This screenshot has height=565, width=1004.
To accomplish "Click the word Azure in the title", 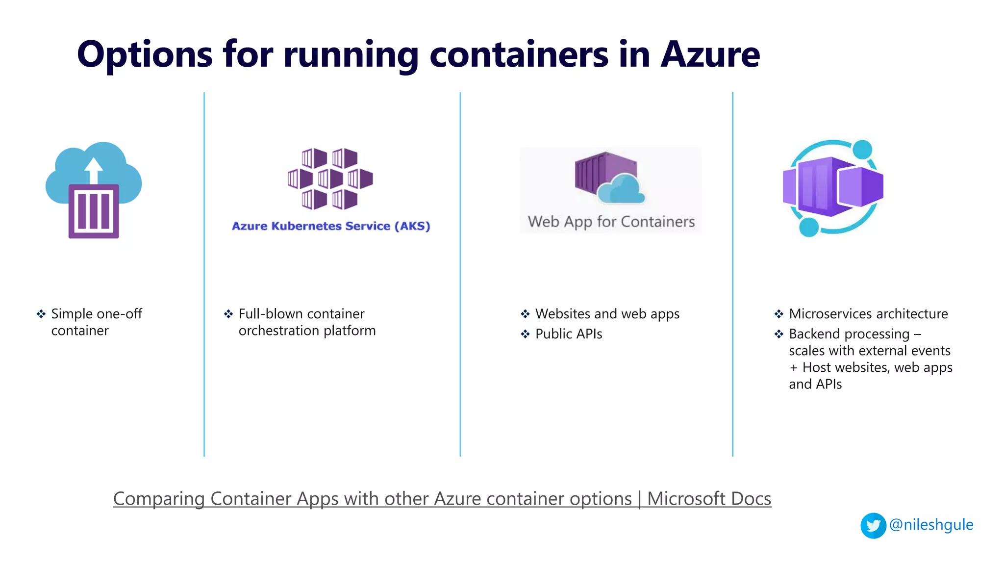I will click(710, 54).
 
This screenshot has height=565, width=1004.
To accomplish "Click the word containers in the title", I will click(519, 54).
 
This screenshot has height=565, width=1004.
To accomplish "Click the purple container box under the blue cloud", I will click(94, 211).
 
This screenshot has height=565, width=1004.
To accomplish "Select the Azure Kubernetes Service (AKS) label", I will click(331, 226).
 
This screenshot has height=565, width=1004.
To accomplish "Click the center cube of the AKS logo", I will click(330, 179).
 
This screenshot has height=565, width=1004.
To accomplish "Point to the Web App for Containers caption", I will click(611, 222).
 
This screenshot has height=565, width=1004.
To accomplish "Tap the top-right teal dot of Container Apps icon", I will click(862, 150).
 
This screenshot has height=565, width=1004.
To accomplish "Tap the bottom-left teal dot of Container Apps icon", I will click(809, 227).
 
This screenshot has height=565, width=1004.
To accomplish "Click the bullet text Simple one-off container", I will click(96, 322).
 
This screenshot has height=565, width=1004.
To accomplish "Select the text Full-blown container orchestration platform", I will click(307, 322).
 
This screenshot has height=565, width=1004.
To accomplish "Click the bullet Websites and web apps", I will click(607, 314).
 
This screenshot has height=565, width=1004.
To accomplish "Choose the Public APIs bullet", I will click(569, 334).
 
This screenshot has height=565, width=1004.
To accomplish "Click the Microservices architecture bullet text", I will click(868, 314).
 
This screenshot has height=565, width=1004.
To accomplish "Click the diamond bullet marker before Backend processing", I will click(778, 334).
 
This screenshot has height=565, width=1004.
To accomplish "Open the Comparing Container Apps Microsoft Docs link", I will click(442, 499).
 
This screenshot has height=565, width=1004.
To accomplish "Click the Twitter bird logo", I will click(873, 526).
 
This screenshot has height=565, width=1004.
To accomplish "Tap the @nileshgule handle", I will click(931, 525).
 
